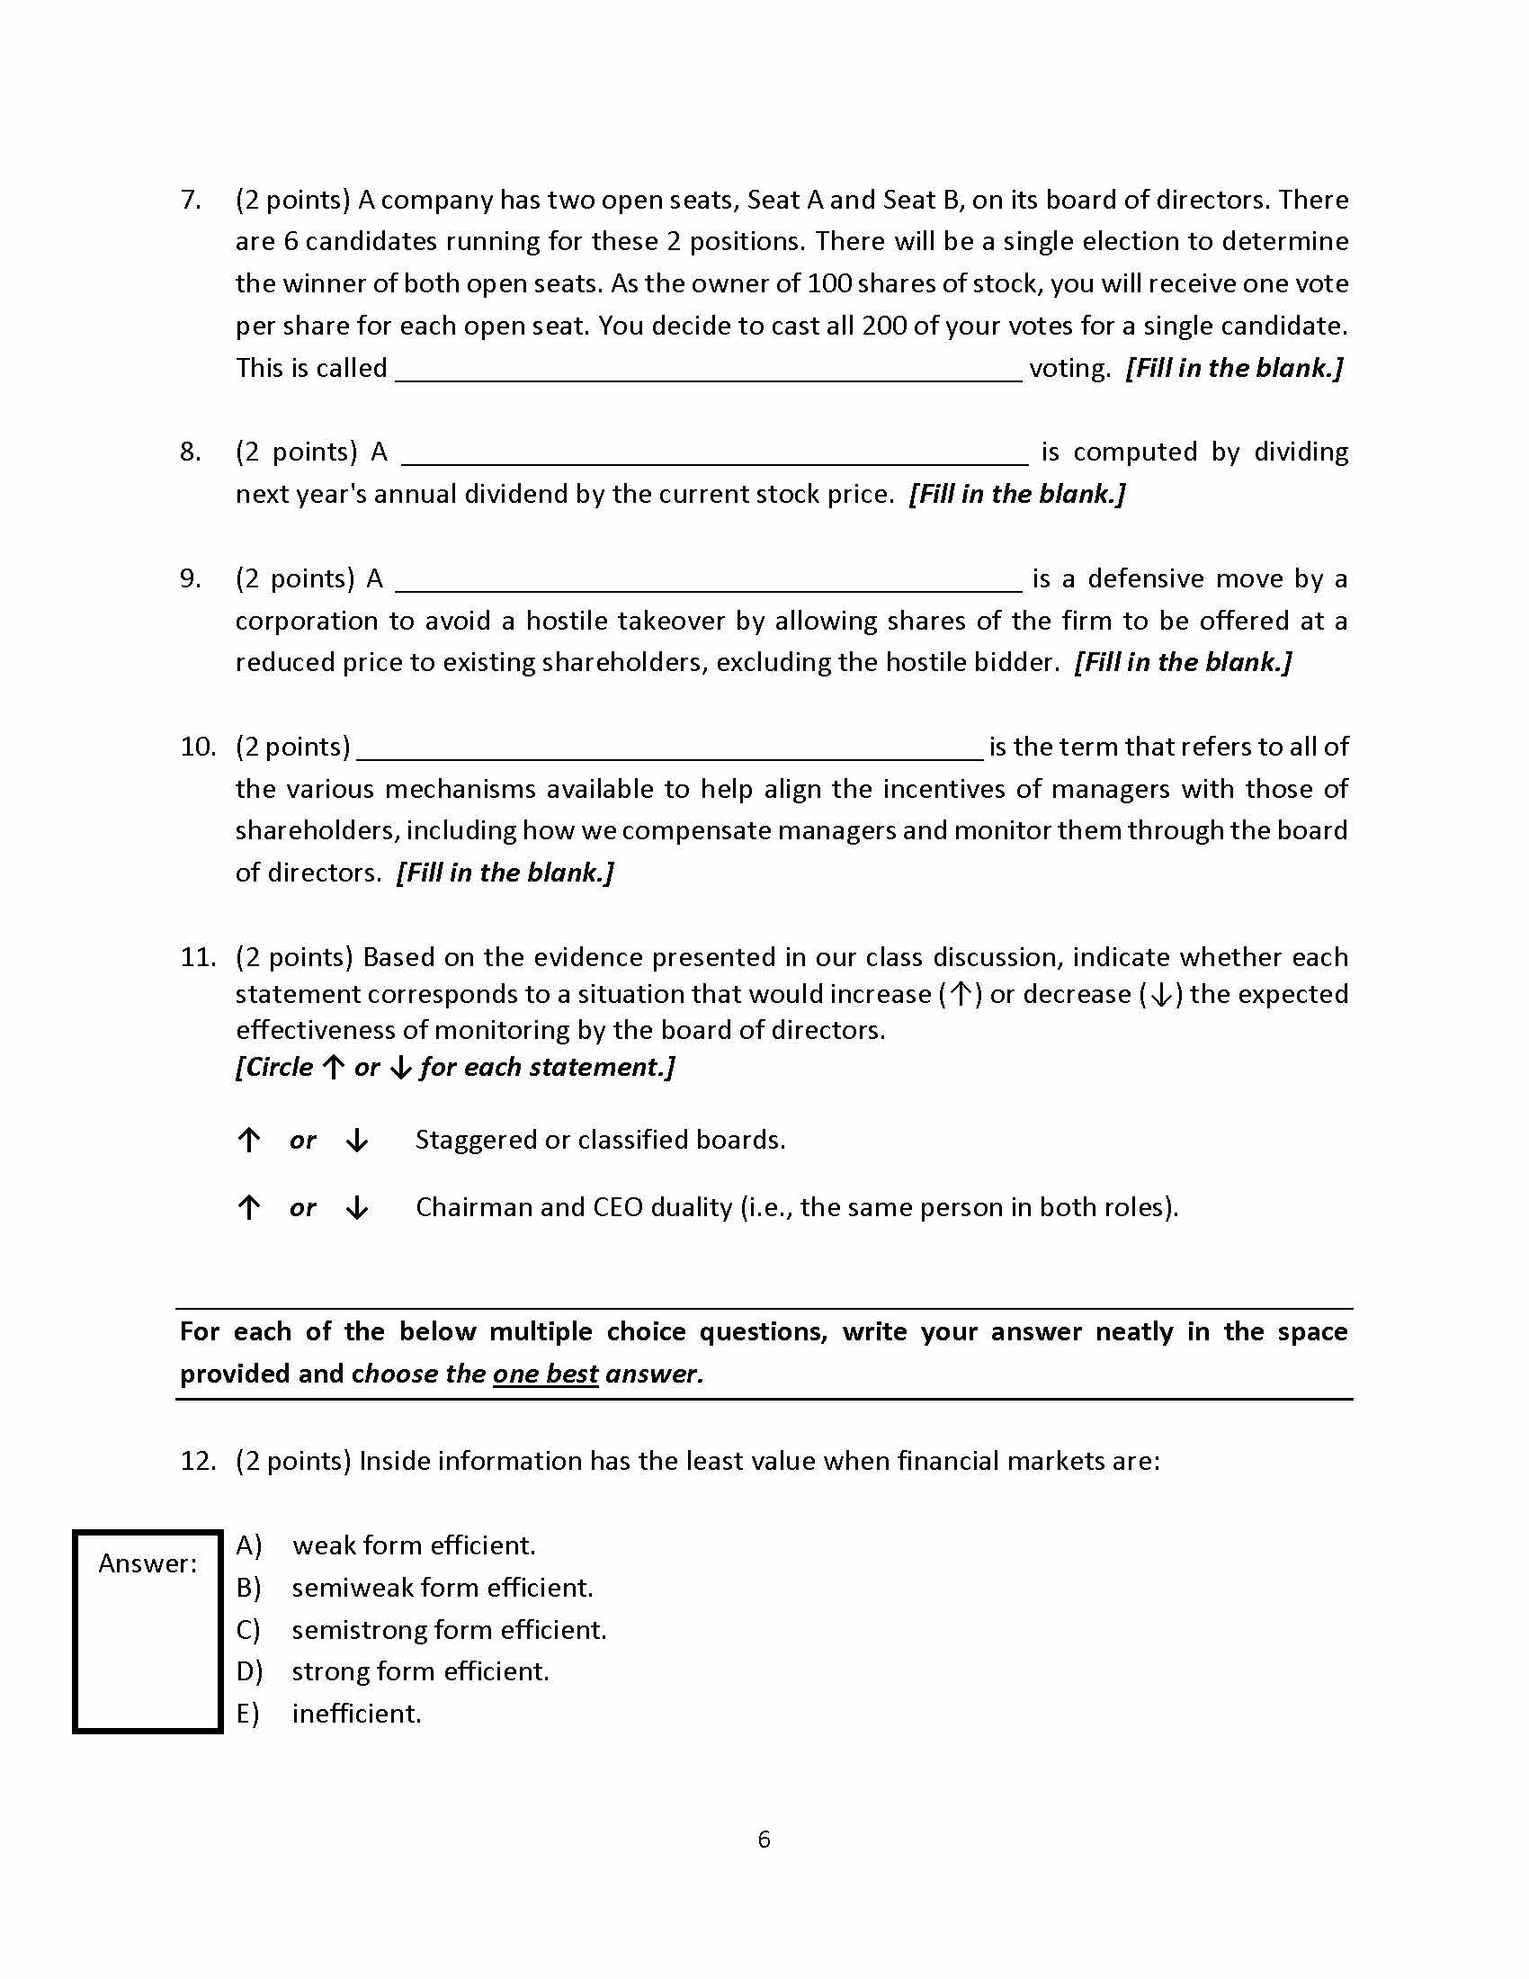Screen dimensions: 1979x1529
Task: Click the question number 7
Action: click(190, 201)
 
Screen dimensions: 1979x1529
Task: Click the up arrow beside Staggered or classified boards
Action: click(249, 1140)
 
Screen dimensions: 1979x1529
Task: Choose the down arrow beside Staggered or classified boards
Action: click(357, 1140)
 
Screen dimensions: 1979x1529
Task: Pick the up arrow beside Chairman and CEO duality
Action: click(249, 1207)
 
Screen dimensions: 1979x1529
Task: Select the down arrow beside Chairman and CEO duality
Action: click(357, 1207)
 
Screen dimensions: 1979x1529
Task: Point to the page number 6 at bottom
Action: click(764, 1840)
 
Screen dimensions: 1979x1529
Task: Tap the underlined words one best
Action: click(545, 1374)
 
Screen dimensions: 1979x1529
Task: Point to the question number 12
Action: click(198, 1461)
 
